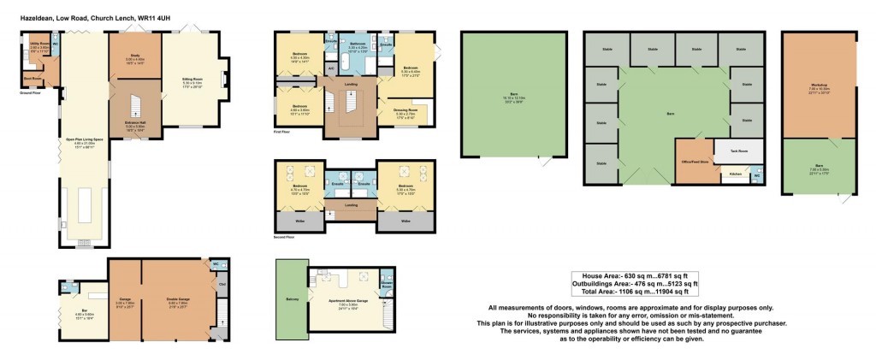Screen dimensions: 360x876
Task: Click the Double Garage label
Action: [178, 300]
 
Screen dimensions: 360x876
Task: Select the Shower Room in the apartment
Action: [386, 283]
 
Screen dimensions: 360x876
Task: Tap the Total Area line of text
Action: [634, 291]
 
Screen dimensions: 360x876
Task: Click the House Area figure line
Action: [634, 275]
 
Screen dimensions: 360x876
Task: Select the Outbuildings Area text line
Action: [634, 283]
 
